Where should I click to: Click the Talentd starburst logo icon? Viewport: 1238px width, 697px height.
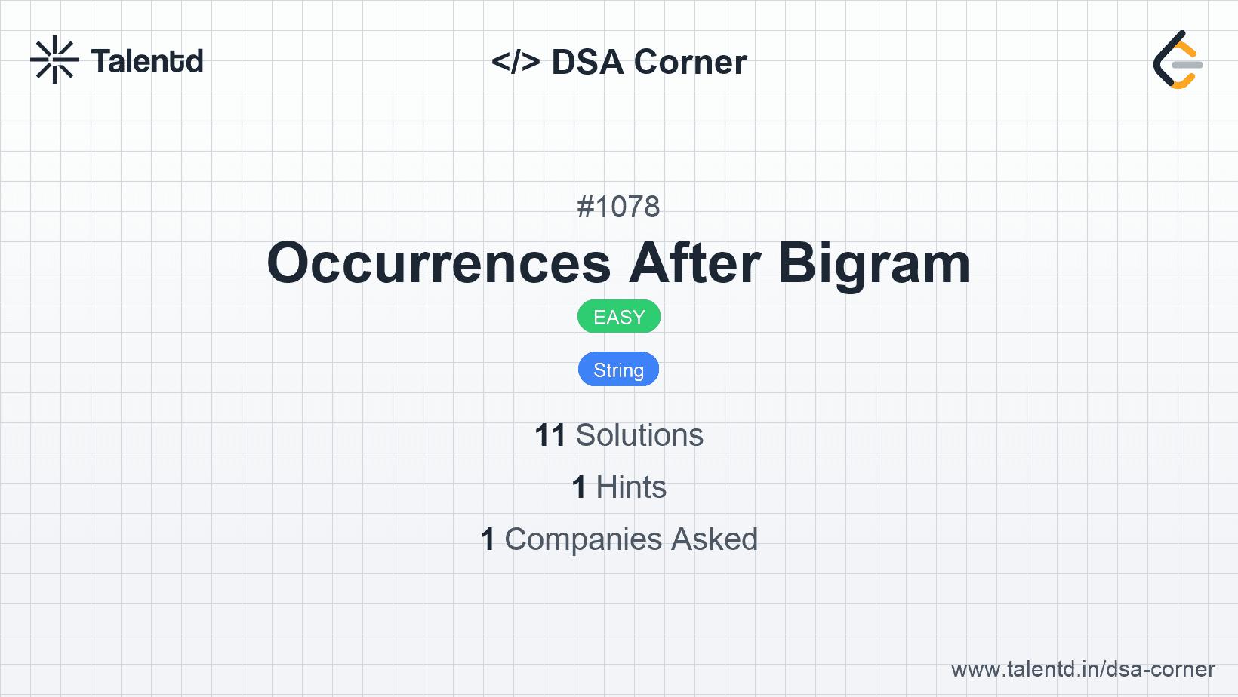tap(54, 60)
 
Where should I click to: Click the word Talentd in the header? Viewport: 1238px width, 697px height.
tap(147, 61)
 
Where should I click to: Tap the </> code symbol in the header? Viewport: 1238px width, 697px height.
tap(516, 61)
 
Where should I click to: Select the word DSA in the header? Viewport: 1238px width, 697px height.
tap(587, 62)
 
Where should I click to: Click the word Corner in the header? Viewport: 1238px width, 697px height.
tap(690, 62)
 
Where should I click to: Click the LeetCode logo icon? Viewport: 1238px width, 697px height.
tap(1178, 60)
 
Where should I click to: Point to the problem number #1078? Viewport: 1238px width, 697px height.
tap(618, 207)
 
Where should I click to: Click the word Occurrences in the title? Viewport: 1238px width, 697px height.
tap(439, 263)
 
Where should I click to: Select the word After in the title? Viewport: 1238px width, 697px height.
tap(694, 263)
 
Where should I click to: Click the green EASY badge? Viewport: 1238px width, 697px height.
tap(619, 317)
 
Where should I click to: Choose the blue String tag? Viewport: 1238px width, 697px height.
tap(618, 370)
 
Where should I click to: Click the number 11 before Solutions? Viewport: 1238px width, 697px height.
tap(550, 435)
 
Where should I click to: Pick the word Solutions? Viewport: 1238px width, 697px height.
tap(639, 435)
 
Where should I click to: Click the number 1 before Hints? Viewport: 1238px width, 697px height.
tap(579, 488)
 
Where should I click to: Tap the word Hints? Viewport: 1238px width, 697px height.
tap(631, 487)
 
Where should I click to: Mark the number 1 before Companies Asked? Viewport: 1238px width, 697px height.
tap(488, 539)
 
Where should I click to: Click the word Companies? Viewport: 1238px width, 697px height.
tap(583, 540)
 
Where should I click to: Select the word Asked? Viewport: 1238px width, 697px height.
tap(715, 539)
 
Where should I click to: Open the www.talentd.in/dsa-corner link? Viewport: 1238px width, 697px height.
tap(1082, 669)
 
